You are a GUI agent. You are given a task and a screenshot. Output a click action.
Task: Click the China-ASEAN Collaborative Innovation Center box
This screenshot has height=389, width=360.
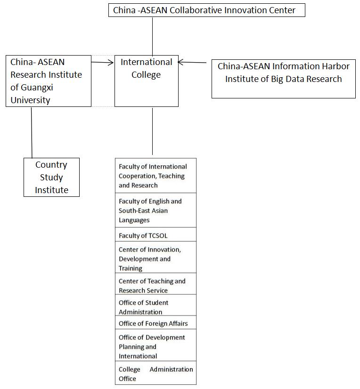206,10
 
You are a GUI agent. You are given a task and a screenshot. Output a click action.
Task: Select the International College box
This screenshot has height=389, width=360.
147,81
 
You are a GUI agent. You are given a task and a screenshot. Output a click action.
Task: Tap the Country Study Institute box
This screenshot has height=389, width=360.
51,177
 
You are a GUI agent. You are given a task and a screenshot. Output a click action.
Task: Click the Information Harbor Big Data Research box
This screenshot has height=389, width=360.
284,79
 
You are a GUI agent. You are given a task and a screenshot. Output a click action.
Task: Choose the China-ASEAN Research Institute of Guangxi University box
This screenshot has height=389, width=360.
49,81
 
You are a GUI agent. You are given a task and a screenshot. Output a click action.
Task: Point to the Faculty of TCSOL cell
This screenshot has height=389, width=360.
155,235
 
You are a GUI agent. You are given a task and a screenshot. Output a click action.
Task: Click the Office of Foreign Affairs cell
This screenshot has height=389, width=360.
155,322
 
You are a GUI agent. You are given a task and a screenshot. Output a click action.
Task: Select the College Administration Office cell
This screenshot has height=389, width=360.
155,373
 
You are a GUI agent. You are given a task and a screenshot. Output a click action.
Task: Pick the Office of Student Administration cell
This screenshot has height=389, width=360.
155,305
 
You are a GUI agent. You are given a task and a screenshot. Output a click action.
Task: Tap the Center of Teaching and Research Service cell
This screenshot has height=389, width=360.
155,284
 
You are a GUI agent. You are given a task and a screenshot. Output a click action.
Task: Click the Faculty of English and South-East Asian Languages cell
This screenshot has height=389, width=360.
155,210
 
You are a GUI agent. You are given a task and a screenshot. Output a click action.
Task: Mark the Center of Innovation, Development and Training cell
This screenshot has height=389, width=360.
155,257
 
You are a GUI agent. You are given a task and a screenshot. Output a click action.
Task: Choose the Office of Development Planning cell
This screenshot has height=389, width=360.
155,345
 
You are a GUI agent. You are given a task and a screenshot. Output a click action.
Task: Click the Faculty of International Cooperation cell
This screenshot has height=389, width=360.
155,176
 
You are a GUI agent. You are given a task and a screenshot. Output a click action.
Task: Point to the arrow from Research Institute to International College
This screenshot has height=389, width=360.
102,62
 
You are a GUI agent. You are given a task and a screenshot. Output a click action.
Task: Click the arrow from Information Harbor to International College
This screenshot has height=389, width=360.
192,62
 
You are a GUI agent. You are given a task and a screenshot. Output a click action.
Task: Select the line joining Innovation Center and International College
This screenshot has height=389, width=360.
153,36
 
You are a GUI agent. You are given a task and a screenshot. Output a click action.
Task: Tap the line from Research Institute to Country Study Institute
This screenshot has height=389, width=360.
32,132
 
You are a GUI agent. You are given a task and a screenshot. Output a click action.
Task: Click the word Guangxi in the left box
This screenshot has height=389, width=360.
37,88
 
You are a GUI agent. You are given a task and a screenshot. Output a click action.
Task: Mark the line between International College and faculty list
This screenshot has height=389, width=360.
153,131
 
